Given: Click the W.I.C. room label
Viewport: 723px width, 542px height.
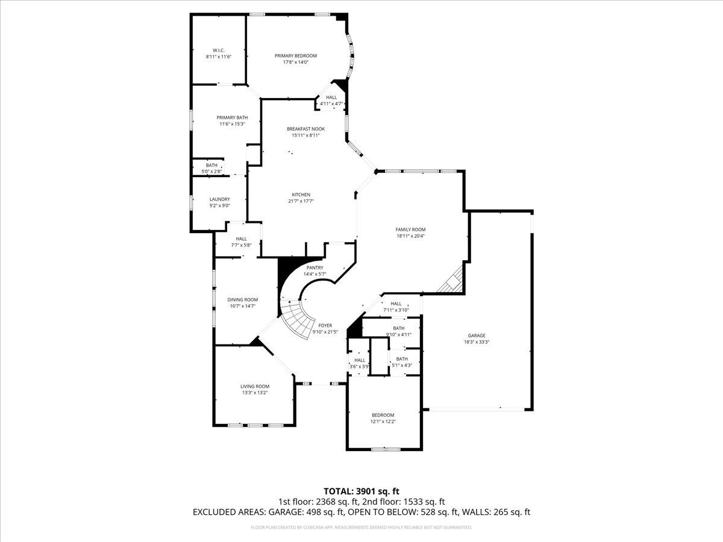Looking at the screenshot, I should (218, 49).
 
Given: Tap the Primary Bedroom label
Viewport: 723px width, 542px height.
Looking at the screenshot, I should (295, 55).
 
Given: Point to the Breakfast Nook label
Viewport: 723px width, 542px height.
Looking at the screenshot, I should (302, 128).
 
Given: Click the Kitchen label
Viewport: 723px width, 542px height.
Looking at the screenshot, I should (301, 195).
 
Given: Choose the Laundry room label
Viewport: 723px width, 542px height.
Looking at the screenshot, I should (219, 199).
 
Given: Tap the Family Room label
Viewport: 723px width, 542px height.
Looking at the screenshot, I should (410, 229).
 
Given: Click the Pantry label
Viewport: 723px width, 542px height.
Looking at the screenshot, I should (315, 268).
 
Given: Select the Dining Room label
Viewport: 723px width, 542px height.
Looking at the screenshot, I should (242, 299).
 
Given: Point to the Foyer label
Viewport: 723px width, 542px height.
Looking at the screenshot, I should (325, 325).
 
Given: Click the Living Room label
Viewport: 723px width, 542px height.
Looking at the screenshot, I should (255, 386).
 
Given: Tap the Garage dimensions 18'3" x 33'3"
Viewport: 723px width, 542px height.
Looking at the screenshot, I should (477, 342).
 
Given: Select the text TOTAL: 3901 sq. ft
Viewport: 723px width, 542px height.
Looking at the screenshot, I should (361, 491).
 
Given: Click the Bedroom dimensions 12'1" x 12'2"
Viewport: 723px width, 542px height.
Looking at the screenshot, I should (383, 422).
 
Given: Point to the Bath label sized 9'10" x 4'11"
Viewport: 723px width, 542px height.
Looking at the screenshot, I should (398, 328).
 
